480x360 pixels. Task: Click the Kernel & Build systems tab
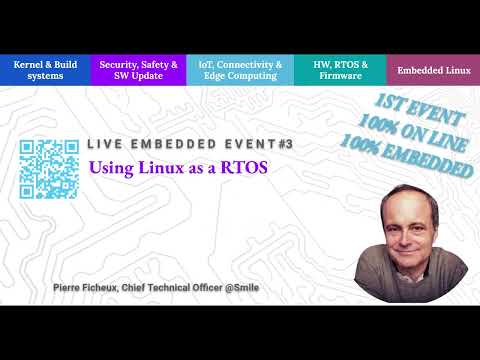pyautogui.click(x=46, y=70)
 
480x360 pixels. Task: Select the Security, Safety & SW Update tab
pyautogui.click(x=139, y=70)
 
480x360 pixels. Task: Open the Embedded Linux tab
pyautogui.click(x=433, y=70)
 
